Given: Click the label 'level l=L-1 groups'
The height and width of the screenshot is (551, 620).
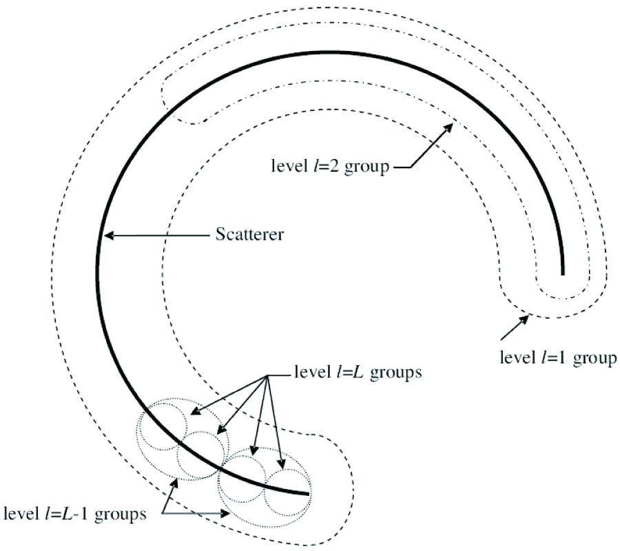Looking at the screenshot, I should pos(75,514).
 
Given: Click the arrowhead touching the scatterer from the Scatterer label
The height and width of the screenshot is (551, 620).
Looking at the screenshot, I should pos(107,236).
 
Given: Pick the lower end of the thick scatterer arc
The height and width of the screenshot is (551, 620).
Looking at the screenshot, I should pos(308,493).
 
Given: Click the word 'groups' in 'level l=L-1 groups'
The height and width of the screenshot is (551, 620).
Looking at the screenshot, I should pos(123,514).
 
